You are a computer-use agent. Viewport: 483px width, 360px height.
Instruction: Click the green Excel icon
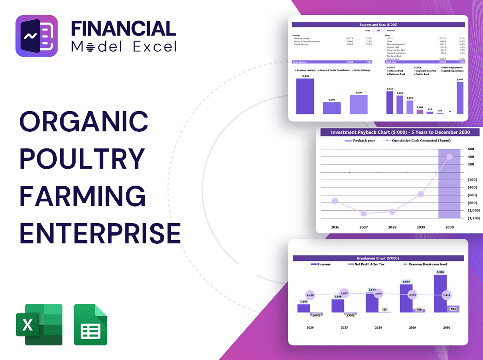tap(39, 325)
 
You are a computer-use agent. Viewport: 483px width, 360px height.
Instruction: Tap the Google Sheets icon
tap(90, 325)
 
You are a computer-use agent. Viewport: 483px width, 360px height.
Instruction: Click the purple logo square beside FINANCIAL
tap(36, 36)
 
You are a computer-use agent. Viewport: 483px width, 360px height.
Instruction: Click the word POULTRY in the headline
tap(82, 159)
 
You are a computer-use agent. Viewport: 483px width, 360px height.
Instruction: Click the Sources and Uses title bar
tap(379, 24)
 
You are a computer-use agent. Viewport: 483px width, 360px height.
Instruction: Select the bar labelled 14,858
tap(305, 96)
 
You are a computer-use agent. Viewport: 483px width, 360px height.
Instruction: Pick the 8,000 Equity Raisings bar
tap(359, 104)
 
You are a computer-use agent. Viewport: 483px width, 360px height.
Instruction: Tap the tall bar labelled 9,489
tap(460, 98)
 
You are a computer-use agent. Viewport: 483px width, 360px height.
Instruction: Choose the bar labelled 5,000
tap(332, 108)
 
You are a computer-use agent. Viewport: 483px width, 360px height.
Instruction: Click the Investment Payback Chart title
tap(400, 132)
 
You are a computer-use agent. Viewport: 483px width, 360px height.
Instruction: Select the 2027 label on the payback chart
tap(364, 227)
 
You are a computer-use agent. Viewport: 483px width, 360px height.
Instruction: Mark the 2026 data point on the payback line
tap(335, 201)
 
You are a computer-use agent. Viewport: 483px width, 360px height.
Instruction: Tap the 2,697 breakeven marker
tap(344, 293)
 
